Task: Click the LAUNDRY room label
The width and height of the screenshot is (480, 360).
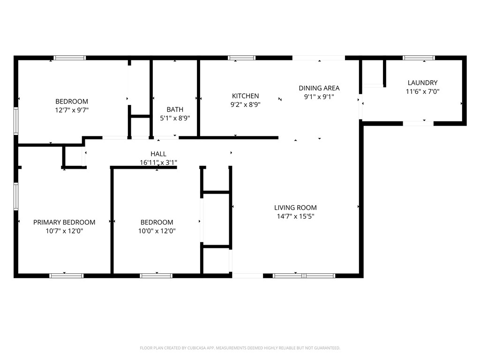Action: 422,83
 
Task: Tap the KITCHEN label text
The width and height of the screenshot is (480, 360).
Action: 245,96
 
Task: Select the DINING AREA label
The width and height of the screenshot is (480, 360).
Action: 319,88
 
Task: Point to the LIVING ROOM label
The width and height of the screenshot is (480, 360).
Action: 295,208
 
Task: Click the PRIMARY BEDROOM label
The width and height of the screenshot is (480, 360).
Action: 64,222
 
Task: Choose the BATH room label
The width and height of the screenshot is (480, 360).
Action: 175,110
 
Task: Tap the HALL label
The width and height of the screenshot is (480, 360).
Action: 158,154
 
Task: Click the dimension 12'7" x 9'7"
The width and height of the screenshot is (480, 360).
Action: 72,110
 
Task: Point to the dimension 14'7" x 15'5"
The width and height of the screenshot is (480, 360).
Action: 295,217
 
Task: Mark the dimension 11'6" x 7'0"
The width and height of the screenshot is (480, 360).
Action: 422,92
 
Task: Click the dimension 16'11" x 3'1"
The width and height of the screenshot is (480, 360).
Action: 158,163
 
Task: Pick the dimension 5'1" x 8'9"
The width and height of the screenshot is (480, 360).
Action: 175,118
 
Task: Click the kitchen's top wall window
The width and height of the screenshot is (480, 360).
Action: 241,58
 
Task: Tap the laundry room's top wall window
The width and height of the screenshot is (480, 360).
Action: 419,58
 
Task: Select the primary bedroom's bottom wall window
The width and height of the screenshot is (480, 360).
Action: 67,276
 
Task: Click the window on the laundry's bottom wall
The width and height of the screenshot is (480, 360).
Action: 418,123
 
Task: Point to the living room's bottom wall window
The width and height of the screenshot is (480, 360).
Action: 304,276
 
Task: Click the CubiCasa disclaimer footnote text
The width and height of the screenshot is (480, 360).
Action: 240,348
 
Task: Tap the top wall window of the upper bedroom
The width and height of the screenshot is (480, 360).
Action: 70,58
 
